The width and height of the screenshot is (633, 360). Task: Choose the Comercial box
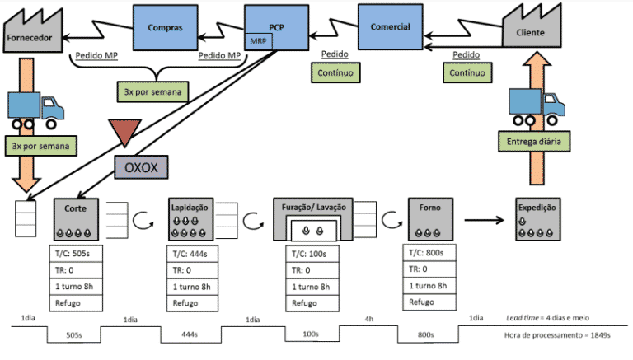point(390,26)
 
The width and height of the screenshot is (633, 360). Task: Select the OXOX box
point(140,168)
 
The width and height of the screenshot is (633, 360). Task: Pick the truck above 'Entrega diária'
point(537,105)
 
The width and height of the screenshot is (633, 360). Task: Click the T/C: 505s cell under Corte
point(76,254)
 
